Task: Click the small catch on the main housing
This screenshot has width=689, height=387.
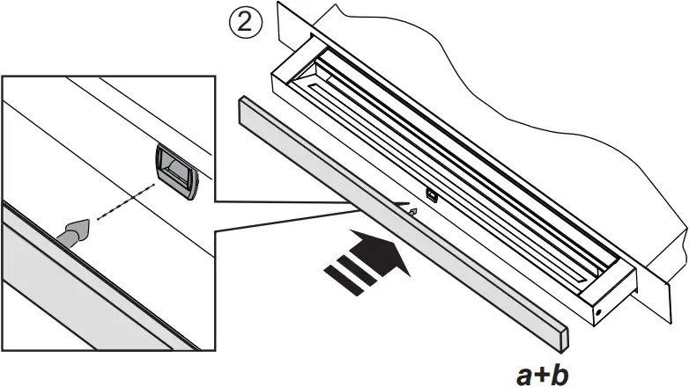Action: coord(431,194)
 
